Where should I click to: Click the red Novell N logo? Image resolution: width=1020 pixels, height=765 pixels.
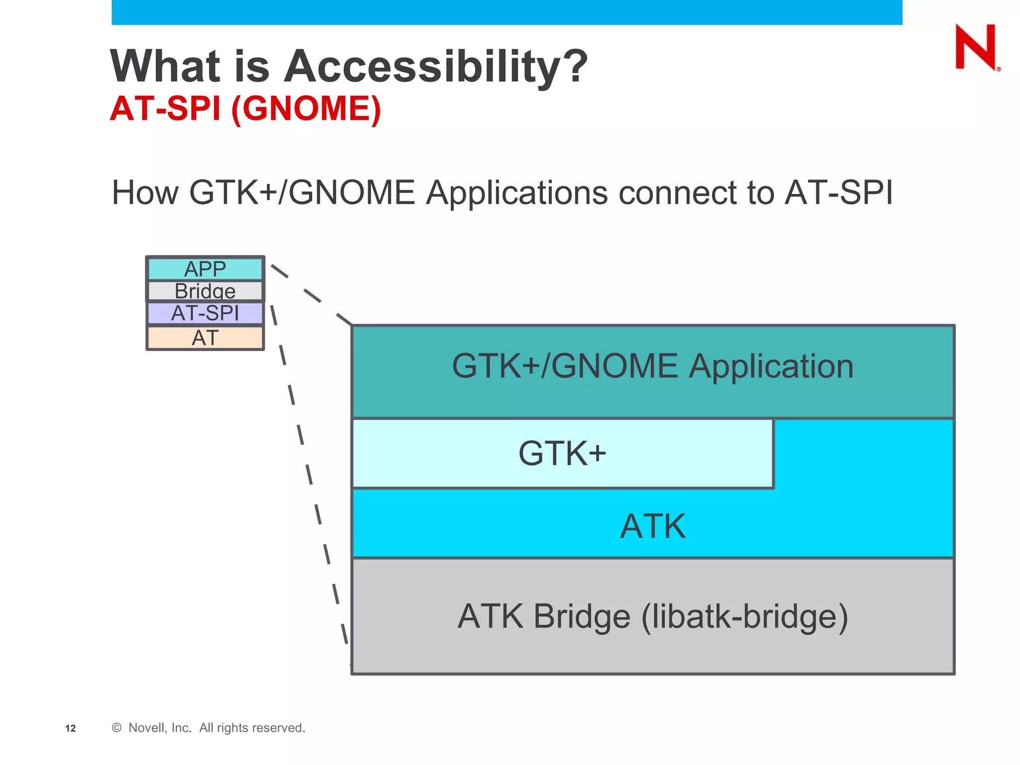[976, 47]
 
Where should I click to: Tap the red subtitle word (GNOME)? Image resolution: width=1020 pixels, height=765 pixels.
[306, 109]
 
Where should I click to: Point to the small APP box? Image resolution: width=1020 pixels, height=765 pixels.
[205, 269]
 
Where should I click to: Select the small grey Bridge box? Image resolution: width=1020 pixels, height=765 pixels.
[205, 291]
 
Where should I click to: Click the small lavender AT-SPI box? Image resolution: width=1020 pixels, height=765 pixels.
[205, 313]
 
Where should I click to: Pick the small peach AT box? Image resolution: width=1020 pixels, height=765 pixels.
[205, 338]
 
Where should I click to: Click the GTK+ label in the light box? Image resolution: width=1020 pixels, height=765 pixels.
[562, 454]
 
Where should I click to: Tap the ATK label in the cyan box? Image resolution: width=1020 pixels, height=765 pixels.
[652, 526]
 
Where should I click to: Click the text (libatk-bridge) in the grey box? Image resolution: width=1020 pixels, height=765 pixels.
[745, 617]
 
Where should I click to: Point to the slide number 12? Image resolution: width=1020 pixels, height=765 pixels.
[71, 729]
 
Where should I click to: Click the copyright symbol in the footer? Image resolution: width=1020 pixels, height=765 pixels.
[117, 728]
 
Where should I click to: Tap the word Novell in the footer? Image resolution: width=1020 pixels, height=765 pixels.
[147, 728]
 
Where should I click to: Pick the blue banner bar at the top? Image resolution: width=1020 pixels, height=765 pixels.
[507, 12]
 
